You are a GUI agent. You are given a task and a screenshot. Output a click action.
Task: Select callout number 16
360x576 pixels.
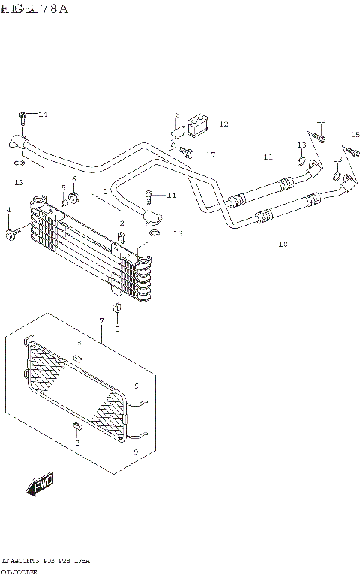(x=175, y=115)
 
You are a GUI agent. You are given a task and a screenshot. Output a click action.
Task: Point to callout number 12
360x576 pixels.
(x=223, y=124)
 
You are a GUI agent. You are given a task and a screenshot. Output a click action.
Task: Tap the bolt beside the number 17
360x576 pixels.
(x=187, y=154)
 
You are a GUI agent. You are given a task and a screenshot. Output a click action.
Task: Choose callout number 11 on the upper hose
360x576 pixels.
(x=267, y=157)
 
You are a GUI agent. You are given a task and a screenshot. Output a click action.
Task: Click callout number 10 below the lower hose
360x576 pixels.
(x=283, y=243)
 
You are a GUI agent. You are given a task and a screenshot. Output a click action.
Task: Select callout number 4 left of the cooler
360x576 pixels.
(x=9, y=209)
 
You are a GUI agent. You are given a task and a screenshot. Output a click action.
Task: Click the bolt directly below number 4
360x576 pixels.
(x=10, y=236)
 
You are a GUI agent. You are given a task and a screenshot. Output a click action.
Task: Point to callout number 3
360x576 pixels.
(x=117, y=328)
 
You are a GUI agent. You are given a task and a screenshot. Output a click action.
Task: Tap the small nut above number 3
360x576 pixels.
(x=116, y=309)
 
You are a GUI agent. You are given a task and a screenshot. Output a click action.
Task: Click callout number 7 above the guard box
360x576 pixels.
(x=100, y=321)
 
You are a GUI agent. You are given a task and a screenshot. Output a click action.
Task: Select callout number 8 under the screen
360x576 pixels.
(x=76, y=442)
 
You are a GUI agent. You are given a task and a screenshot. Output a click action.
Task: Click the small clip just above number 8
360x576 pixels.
(x=76, y=427)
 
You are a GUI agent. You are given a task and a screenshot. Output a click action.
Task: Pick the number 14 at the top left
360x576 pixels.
(x=43, y=115)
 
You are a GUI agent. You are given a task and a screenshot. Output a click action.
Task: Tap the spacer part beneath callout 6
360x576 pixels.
(x=75, y=197)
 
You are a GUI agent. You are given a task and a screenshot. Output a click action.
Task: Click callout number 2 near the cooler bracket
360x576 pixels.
(x=121, y=223)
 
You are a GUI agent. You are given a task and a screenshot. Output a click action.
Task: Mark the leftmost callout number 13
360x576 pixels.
(x=19, y=182)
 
